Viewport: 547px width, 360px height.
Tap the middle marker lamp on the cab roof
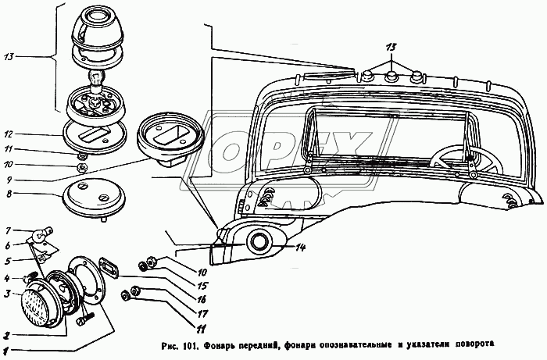(x=391, y=77)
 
